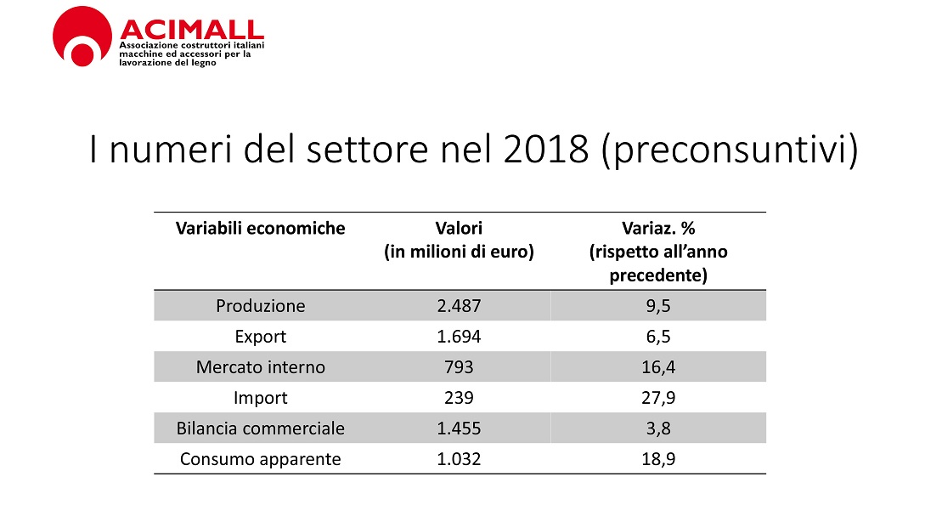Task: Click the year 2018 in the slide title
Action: (547, 150)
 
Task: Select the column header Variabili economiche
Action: (260, 228)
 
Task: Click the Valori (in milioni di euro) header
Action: (459, 240)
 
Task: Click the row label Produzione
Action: (260, 306)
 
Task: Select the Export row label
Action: (260, 337)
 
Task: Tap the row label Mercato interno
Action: (260, 367)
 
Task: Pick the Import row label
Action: (260, 398)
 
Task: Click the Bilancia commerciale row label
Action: (260, 428)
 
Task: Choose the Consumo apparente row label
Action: (260, 459)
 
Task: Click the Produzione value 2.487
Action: (459, 306)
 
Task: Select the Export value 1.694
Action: (459, 337)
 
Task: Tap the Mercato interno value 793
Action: (459, 367)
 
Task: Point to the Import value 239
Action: (459, 398)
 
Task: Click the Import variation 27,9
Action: (658, 398)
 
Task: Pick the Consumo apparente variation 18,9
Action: (658, 459)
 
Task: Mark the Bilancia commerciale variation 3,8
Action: (658, 428)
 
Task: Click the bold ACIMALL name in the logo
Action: (191, 28)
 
